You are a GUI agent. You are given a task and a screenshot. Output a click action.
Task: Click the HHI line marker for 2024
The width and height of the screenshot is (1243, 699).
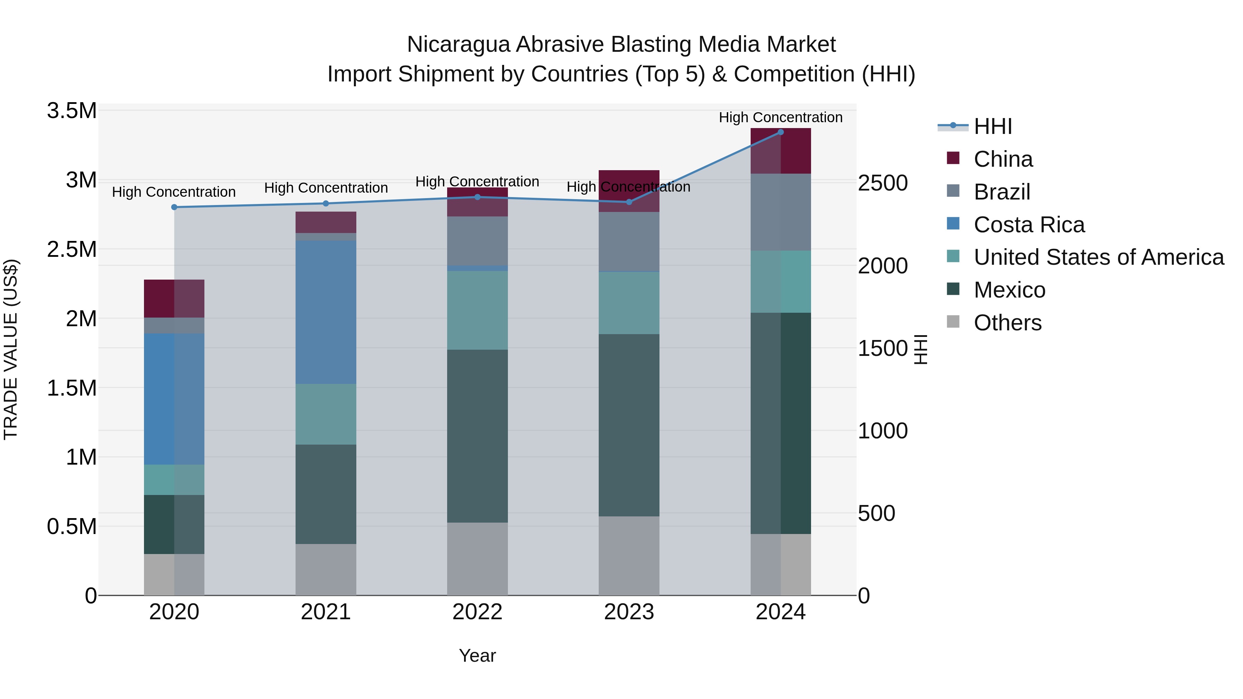[x=780, y=132]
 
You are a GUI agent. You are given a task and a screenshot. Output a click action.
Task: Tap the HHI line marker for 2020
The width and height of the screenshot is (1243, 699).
[x=174, y=207]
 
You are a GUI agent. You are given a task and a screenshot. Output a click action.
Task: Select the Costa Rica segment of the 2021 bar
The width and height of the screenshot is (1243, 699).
[x=326, y=312]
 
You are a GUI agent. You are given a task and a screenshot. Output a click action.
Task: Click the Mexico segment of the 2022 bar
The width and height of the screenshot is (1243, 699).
[x=477, y=436]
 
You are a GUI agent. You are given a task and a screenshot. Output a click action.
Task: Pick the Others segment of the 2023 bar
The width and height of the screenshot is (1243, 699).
[x=629, y=555]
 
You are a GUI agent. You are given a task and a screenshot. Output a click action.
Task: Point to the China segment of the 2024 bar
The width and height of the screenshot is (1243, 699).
[x=780, y=151]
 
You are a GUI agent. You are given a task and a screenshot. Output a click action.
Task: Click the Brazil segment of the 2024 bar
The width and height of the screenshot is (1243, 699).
[x=780, y=212]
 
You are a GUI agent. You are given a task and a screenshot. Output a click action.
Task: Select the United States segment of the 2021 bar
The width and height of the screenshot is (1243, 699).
[x=326, y=414]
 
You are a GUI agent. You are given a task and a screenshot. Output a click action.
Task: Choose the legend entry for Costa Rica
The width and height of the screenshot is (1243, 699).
[x=1029, y=225]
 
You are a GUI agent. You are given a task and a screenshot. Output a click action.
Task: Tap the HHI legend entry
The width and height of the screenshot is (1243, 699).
[x=993, y=126]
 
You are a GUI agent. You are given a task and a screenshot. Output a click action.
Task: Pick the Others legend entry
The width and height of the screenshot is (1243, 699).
[x=1007, y=323]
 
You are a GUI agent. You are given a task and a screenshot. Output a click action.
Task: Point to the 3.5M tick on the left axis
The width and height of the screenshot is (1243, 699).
[x=72, y=111]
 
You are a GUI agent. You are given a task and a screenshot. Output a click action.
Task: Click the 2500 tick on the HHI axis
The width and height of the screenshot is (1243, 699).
[x=883, y=183]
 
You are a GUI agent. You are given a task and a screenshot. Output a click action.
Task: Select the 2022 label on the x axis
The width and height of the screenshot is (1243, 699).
[x=477, y=612]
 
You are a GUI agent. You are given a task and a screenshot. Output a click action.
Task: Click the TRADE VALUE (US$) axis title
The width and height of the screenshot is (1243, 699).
[x=11, y=349]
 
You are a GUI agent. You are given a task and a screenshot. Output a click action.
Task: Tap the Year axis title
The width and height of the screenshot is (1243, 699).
[x=477, y=656]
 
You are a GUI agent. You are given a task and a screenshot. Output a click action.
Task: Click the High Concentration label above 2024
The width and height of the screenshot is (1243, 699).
[x=780, y=117]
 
